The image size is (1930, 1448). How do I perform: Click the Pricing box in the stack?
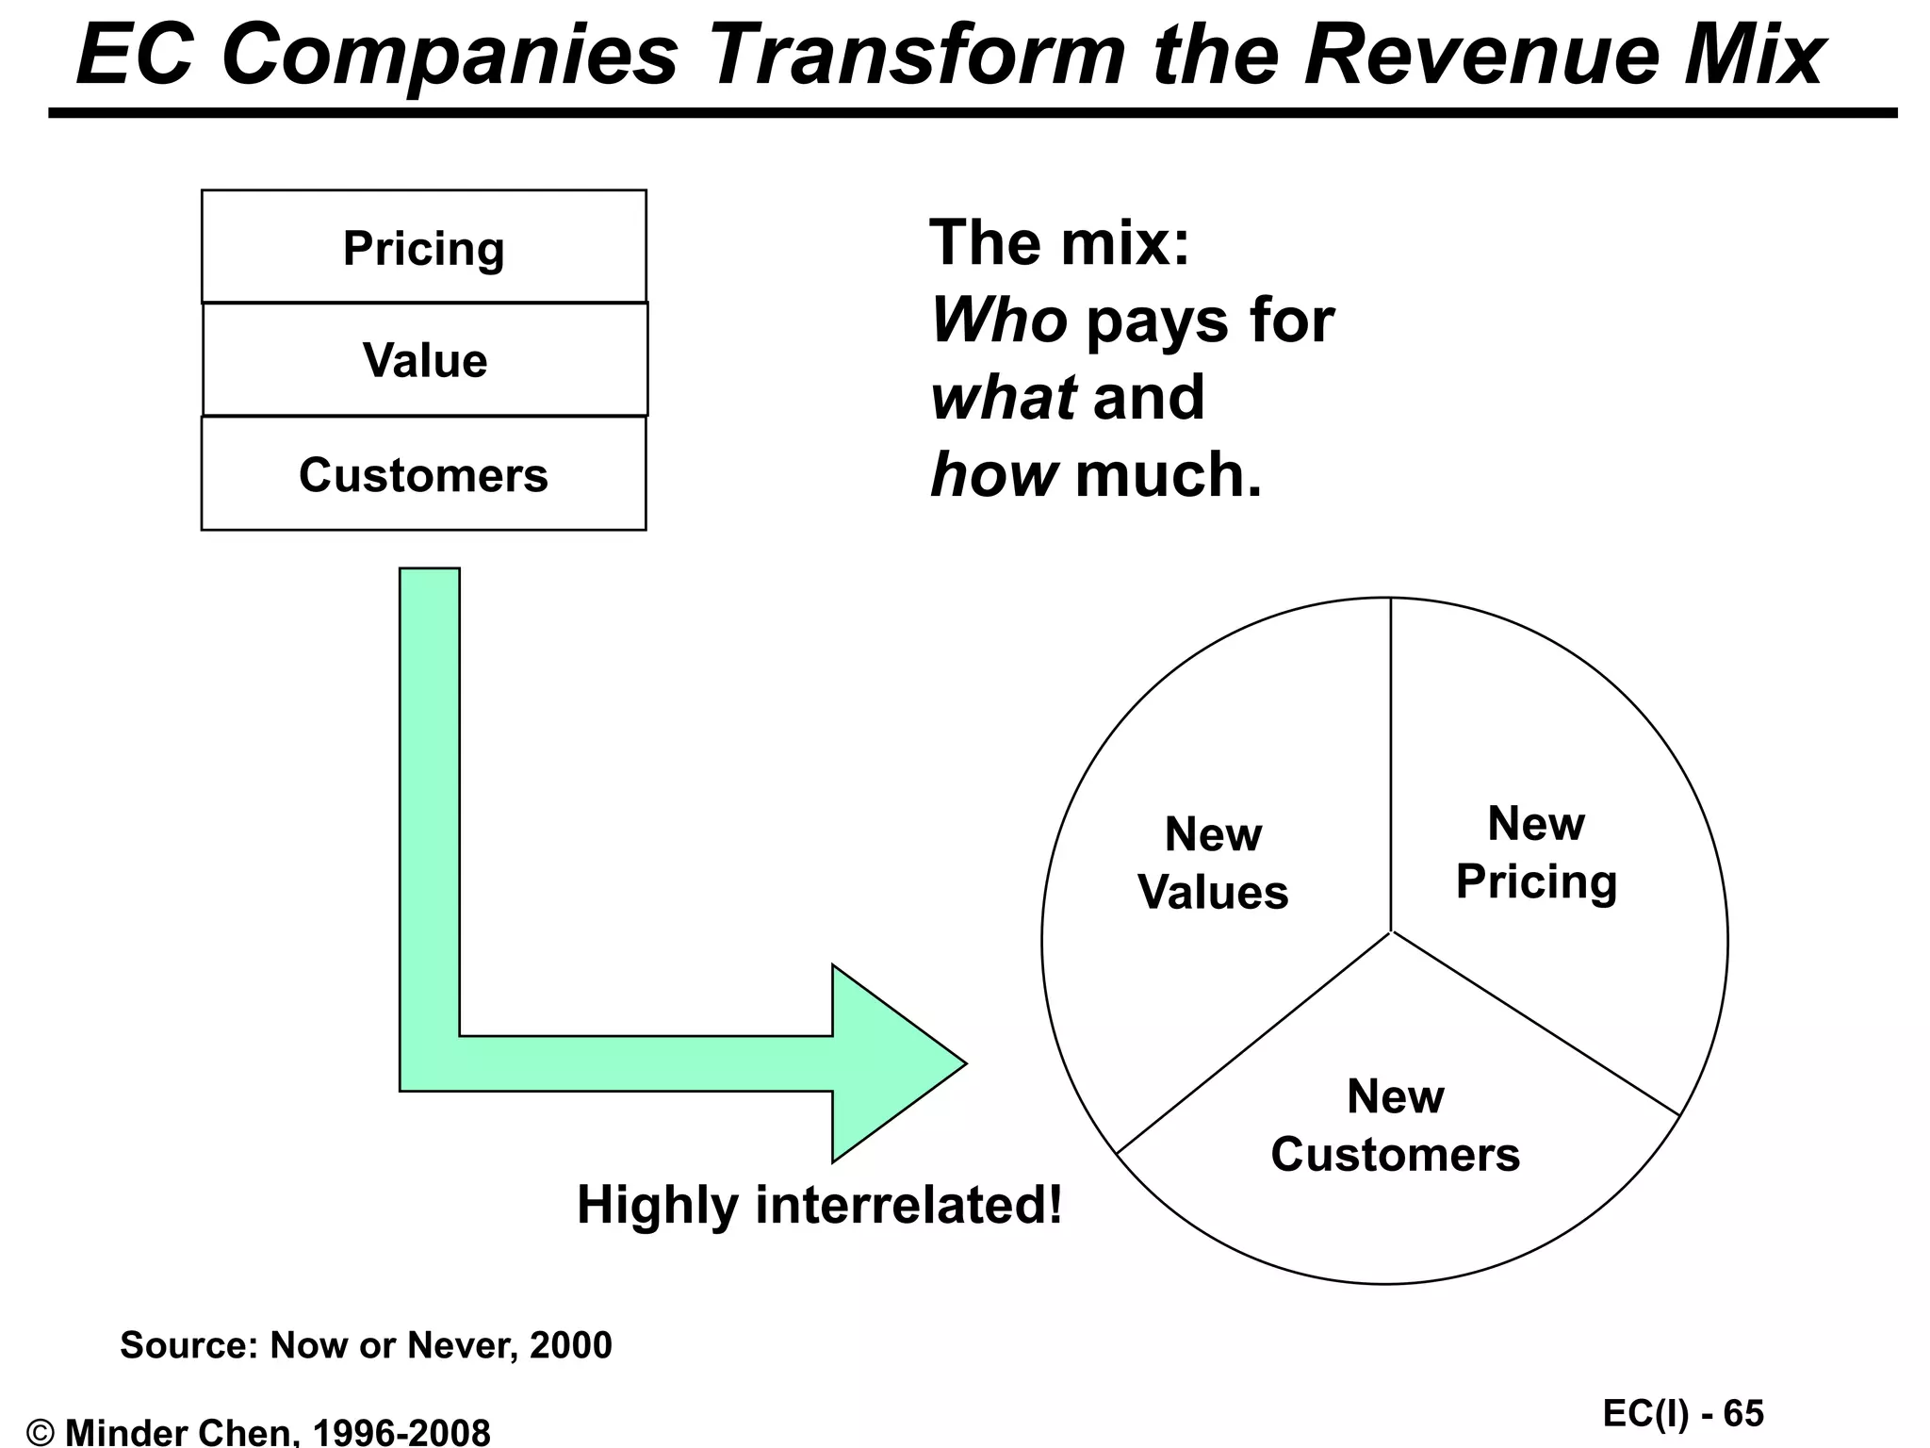click(x=423, y=248)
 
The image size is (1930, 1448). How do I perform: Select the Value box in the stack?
click(x=425, y=360)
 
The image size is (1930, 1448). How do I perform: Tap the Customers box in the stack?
click(x=423, y=474)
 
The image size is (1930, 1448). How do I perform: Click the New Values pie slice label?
click(x=1213, y=864)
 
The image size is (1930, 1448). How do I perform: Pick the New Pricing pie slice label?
click(x=1536, y=852)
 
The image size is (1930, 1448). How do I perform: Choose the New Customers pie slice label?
click(x=1395, y=1126)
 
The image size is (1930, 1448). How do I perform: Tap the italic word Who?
click(x=999, y=321)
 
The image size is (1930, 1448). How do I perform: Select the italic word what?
click(x=1003, y=397)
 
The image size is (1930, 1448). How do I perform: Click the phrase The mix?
click(x=1059, y=242)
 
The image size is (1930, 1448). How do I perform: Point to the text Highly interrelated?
click(x=819, y=1205)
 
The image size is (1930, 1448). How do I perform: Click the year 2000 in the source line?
click(x=570, y=1345)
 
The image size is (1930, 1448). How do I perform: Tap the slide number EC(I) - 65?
click(x=1682, y=1413)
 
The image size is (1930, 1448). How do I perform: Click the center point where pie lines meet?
click(x=1391, y=931)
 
